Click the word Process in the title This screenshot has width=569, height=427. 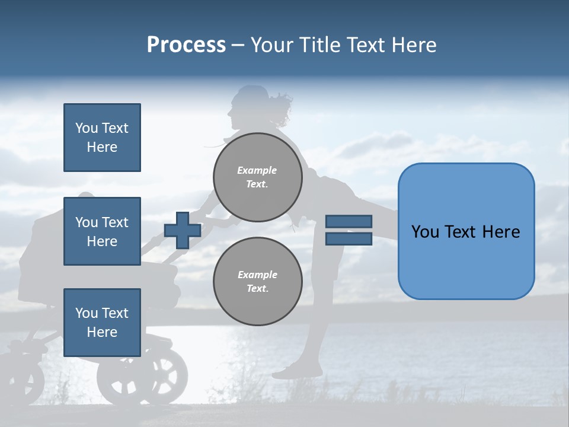click(x=186, y=44)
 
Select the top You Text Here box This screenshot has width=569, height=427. click(x=102, y=138)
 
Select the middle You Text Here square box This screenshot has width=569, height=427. click(x=102, y=231)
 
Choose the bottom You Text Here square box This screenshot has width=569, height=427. click(x=102, y=322)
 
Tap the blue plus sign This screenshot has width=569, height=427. click(x=183, y=230)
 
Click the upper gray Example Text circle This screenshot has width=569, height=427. click(x=258, y=177)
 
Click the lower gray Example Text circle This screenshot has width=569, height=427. click(x=258, y=281)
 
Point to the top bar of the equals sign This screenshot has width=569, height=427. click(x=349, y=221)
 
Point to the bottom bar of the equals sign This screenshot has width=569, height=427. click(x=349, y=239)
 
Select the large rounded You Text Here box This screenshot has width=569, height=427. click(x=466, y=231)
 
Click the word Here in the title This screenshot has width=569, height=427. click(x=414, y=45)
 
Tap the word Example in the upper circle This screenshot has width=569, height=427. click(x=257, y=170)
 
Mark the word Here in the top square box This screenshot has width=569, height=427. click(x=102, y=147)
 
